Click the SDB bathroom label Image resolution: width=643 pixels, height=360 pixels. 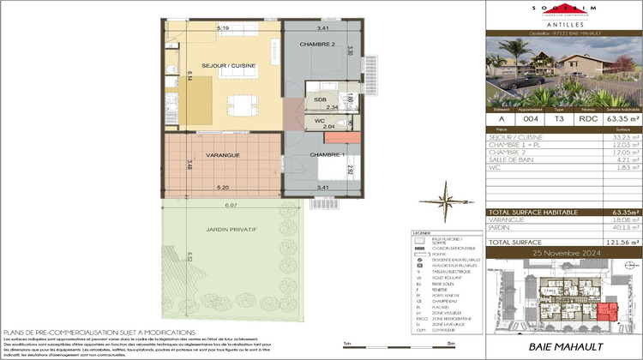coord(320,99)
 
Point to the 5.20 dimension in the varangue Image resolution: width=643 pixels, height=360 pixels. coord(223,186)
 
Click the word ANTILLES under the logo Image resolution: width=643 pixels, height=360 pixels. coord(562,24)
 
